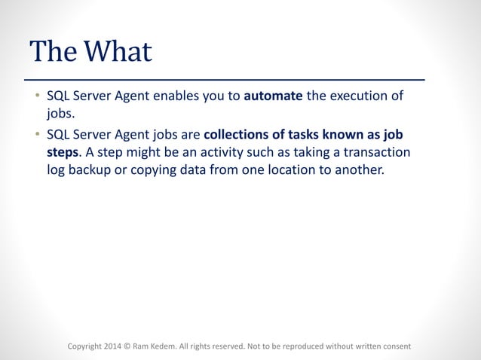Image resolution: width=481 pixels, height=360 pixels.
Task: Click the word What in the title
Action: (x=118, y=51)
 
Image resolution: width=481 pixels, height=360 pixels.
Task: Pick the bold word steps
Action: (x=62, y=152)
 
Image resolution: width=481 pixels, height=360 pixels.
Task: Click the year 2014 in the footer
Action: (x=111, y=346)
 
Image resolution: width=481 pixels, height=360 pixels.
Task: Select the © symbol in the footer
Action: (x=127, y=346)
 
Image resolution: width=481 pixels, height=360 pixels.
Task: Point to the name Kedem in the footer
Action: (x=164, y=346)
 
